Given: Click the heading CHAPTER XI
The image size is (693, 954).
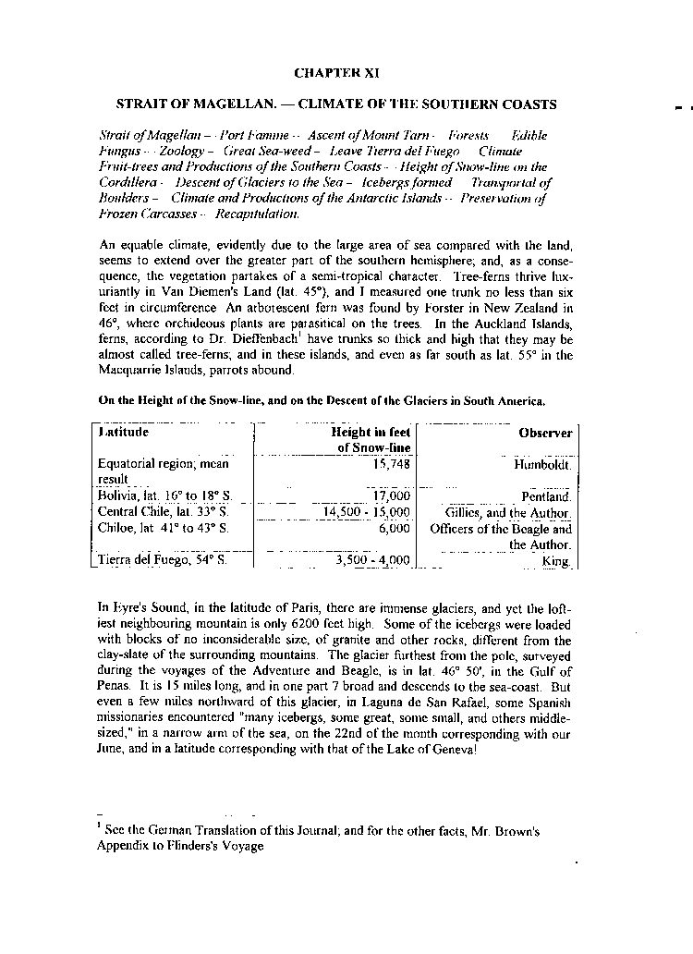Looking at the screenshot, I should point(335,72).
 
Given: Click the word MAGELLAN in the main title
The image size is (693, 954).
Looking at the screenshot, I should point(214,104).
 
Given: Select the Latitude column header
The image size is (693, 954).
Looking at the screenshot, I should point(124,433).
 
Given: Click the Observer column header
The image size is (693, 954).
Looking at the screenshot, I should point(545,433).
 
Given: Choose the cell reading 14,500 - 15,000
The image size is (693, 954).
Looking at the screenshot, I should point(366,512).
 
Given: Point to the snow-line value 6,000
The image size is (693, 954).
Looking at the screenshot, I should point(394,529).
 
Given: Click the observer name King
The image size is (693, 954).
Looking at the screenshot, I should point(557,560).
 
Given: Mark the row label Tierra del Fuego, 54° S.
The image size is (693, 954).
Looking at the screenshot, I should point(162,560).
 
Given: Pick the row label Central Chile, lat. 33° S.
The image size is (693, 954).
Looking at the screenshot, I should point(163,512).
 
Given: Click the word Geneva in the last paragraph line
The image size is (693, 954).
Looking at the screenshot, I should point(450,750).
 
